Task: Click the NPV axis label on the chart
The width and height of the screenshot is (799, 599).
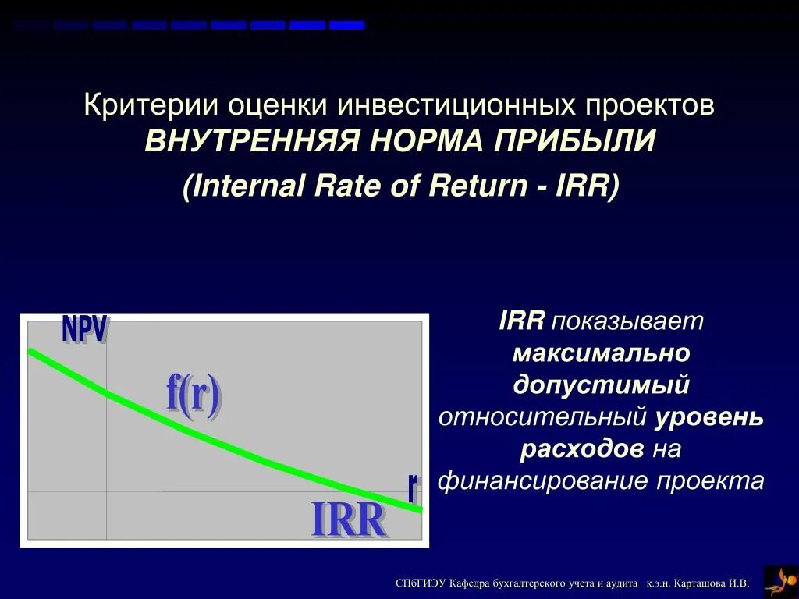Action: (84, 330)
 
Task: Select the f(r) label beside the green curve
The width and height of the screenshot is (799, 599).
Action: (193, 395)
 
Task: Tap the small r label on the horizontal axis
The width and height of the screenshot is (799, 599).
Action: (413, 487)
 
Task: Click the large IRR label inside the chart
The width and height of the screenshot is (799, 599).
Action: (349, 520)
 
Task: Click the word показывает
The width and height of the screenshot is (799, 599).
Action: (628, 321)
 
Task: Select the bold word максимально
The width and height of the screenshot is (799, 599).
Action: (601, 353)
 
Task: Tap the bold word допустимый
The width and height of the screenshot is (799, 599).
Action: (601, 385)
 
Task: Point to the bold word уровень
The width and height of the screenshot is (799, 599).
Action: (708, 417)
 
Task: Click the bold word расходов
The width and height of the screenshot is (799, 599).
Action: (582, 449)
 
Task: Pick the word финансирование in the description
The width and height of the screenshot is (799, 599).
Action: (544, 481)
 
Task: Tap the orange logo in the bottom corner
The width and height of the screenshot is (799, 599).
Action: (780, 581)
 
